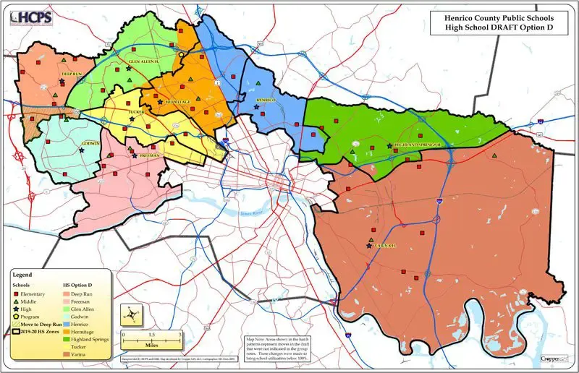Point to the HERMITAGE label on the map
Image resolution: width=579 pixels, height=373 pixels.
[x=177, y=103]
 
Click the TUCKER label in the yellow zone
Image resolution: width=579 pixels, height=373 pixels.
[x=137, y=112]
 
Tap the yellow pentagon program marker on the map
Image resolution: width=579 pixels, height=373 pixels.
[x=181, y=53]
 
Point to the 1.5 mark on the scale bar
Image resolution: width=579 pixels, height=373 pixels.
[x=151, y=335]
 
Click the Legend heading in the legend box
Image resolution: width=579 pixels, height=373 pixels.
[x=24, y=275]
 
